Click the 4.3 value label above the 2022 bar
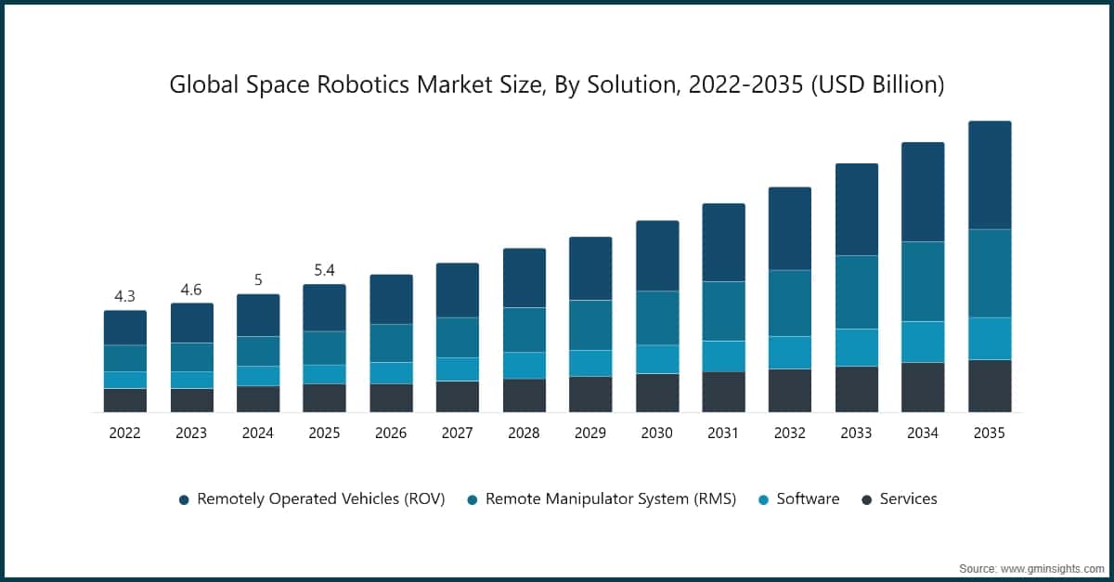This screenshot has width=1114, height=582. tap(124, 296)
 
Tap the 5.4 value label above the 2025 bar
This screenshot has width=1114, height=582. tap(324, 270)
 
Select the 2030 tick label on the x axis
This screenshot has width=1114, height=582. tap(656, 433)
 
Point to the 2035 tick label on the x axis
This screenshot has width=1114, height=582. tap(989, 433)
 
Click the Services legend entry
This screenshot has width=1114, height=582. tap(907, 499)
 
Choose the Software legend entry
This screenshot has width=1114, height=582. tap(807, 499)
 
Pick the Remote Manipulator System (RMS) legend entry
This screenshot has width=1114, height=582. tap(610, 499)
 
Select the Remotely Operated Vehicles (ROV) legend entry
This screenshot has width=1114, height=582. tap(320, 499)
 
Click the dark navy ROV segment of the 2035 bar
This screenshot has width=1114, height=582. tap(990, 175)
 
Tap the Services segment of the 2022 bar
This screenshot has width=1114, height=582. tap(124, 400)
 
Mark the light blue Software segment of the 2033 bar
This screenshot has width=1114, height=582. tap(856, 347)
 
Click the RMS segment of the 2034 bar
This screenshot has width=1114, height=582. tap(923, 281)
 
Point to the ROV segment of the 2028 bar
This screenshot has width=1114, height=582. tap(524, 278)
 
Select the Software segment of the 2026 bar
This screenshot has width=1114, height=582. tap(391, 372)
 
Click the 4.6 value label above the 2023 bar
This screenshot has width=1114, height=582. tap(191, 290)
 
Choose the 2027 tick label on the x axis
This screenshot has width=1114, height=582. tap(457, 433)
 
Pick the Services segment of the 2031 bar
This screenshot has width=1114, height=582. tap(723, 392)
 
